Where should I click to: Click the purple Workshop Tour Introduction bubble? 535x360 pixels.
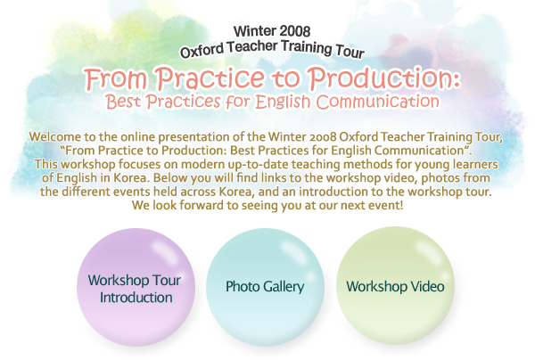(x=136, y=288)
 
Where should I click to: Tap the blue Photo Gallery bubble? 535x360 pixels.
(x=265, y=288)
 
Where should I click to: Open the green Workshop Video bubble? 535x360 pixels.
(x=395, y=286)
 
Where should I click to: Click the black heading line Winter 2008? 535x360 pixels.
(x=272, y=31)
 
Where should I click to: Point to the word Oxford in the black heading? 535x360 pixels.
(x=202, y=51)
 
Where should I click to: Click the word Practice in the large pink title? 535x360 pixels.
(x=210, y=78)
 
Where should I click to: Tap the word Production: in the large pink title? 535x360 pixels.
(x=385, y=78)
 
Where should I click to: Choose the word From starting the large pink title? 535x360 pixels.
(x=116, y=78)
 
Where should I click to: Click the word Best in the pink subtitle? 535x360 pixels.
(x=123, y=102)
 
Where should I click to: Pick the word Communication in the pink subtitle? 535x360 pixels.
(x=378, y=102)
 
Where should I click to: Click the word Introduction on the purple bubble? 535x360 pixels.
(x=136, y=298)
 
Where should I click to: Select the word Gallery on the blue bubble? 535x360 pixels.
(x=284, y=287)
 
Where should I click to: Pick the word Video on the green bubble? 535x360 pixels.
(x=427, y=286)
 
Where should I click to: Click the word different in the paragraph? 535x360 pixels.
(x=86, y=192)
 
